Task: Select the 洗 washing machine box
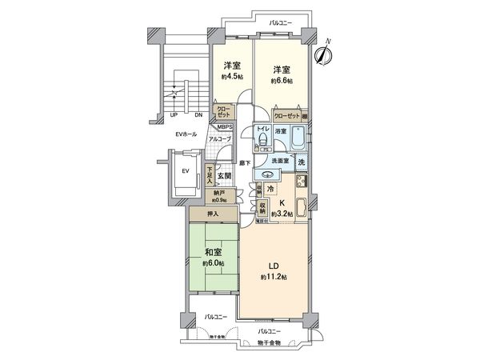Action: pyautogui.click(x=302, y=163)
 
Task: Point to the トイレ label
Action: pyautogui.click(x=261, y=128)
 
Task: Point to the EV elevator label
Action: pyautogui.click(x=184, y=171)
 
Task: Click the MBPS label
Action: pyautogui.click(x=225, y=126)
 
